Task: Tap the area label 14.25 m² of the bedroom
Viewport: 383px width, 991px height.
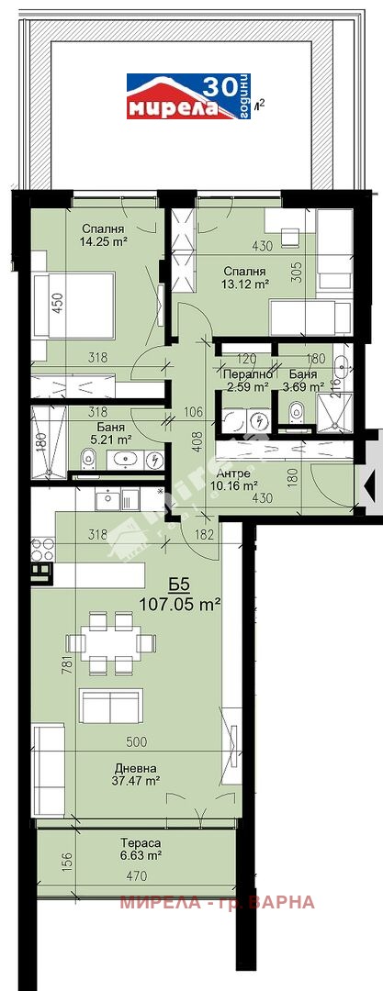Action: pos(104,242)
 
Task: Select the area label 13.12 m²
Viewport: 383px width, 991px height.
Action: pos(244,284)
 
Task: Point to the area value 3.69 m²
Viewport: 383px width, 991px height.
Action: pos(300,387)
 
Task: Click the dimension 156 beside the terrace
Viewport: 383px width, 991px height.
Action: pos(42,862)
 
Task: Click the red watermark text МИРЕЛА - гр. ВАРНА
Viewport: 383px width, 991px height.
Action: pos(217,902)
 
